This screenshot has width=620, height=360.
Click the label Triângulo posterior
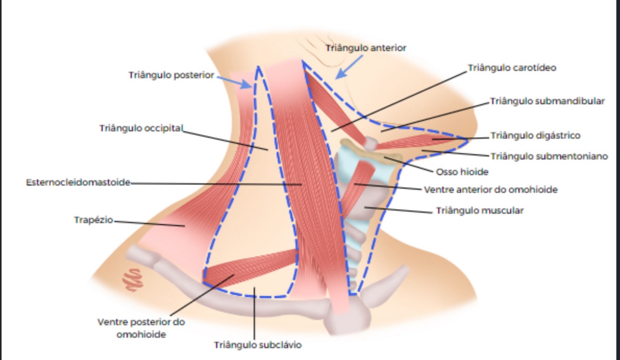(171, 75)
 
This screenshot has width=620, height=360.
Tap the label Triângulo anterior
(366, 48)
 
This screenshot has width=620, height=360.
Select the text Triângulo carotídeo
(511, 68)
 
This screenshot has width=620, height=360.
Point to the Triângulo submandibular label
(547, 101)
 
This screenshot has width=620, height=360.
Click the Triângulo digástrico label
(535, 136)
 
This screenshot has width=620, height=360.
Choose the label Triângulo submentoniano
(549, 156)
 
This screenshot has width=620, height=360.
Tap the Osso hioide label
(462, 172)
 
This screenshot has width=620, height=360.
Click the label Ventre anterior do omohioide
(490, 190)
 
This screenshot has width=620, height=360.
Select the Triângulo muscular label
(480, 211)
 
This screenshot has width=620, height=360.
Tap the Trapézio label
(93, 220)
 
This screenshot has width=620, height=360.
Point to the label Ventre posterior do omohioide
(141, 328)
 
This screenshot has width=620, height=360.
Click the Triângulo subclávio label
(257, 345)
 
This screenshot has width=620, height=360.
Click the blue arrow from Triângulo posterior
(235, 81)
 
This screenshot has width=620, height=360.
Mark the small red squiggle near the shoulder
(132, 279)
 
